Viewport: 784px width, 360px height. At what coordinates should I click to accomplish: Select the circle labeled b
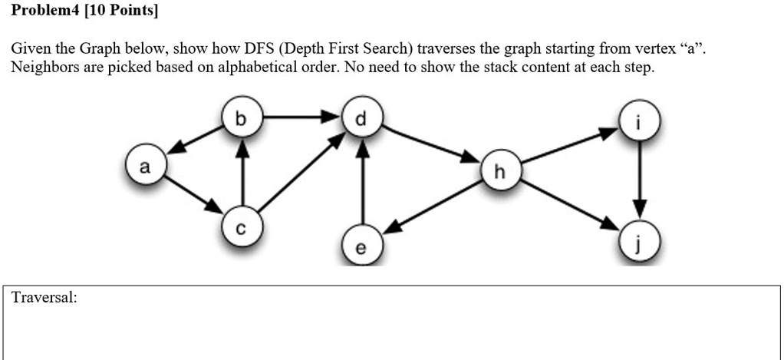[x=242, y=119]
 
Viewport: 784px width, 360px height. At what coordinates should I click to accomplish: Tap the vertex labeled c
[x=242, y=227]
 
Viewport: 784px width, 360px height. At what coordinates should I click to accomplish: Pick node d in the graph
[x=361, y=118]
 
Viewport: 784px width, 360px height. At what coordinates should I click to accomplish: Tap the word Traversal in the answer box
[x=44, y=299]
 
